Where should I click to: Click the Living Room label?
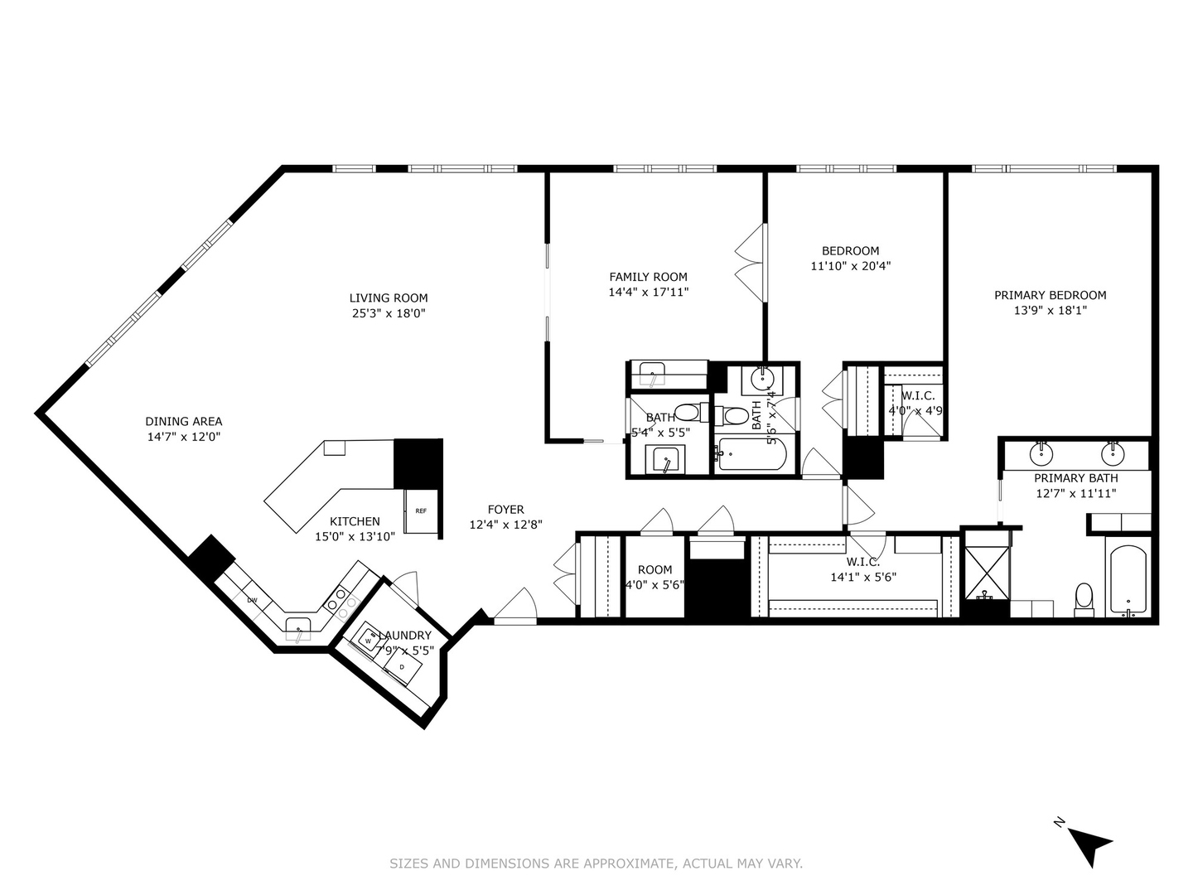coord(388,298)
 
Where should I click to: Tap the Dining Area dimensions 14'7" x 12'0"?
coord(183,437)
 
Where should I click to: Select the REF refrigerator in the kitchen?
coord(421,511)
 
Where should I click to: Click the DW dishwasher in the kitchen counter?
coord(252,600)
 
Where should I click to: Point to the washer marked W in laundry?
coord(368,640)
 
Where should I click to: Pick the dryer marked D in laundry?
coord(403,666)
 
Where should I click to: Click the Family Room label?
coord(648,277)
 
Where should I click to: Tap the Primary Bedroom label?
coord(1050,295)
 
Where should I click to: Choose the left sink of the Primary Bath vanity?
coord(1041,454)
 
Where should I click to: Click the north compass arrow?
coord(1087,844)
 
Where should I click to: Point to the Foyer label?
coord(505,510)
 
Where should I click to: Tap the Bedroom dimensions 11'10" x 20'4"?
coord(850,266)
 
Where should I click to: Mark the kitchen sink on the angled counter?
coord(298,626)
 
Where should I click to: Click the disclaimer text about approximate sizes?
coord(596,864)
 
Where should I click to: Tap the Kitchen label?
coord(355,521)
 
